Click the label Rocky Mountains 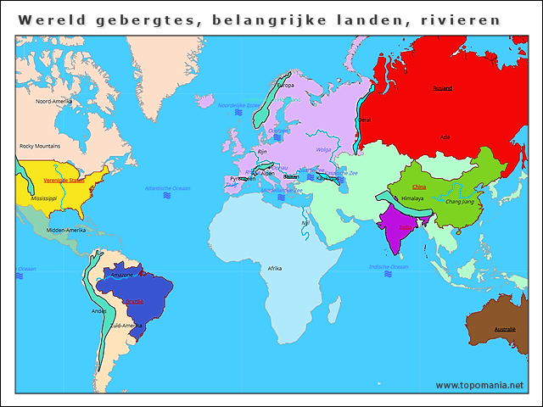(40, 146)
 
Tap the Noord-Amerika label (54, 101)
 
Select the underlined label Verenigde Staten (64, 180)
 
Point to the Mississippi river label (43, 198)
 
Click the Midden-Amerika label (67, 230)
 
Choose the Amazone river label (122, 275)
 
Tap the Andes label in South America (99, 310)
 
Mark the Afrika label (275, 268)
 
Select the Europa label (286, 85)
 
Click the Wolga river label (323, 149)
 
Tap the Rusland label (443, 87)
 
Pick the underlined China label (418, 187)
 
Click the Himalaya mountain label (412, 198)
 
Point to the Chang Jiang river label (460, 202)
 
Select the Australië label (505, 329)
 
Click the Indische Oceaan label (389, 267)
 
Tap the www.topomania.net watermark (479, 385)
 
